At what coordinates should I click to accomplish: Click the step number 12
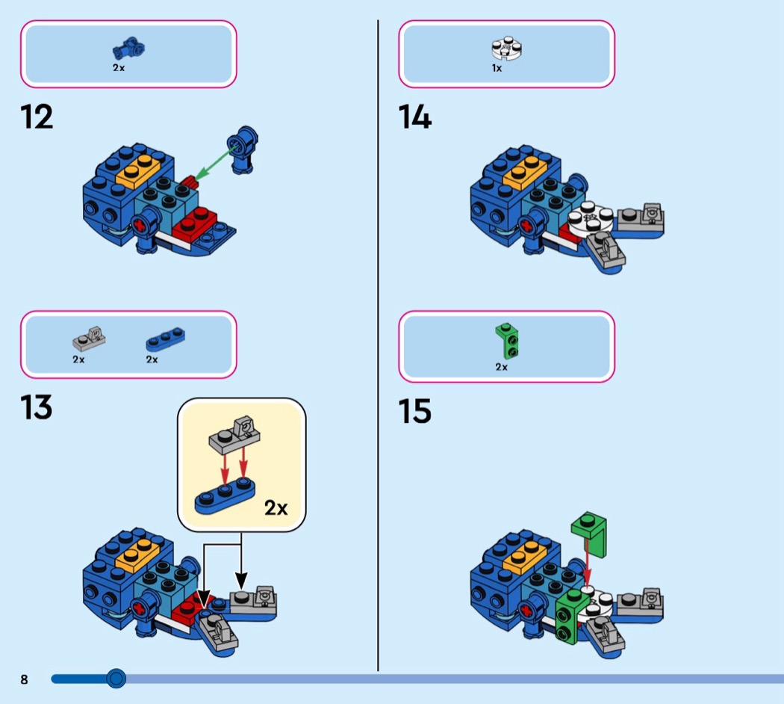coord(37,117)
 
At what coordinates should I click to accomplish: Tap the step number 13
coord(37,407)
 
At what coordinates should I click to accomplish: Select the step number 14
coord(414,117)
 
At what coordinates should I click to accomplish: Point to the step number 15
coord(414,411)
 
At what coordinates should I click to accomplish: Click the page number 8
coord(24,679)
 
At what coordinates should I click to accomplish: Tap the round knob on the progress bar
coord(116,679)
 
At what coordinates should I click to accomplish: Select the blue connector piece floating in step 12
coord(243,149)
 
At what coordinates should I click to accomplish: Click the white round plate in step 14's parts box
coord(507,49)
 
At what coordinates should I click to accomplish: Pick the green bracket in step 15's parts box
coord(508,342)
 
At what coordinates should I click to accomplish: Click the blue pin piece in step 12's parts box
coord(129,49)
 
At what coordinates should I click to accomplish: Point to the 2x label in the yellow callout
coord(276,508)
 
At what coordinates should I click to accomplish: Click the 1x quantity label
coord(497,68)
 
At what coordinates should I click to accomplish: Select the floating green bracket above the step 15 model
coord(590,534)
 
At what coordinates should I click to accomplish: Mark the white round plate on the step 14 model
coord(591,219)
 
